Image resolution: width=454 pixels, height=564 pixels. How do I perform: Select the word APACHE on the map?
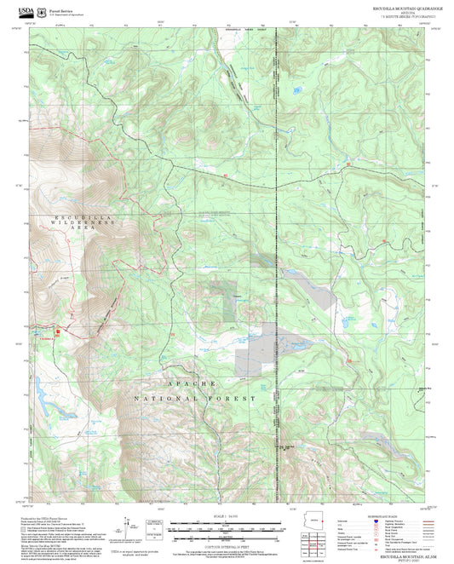pyautogui.click(x=182, y=386)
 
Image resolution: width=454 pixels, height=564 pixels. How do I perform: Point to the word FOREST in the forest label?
pyautogui.click(x=236, y=398)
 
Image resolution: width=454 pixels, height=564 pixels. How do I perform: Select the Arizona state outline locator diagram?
pyautogui.click(x=313, y=520)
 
